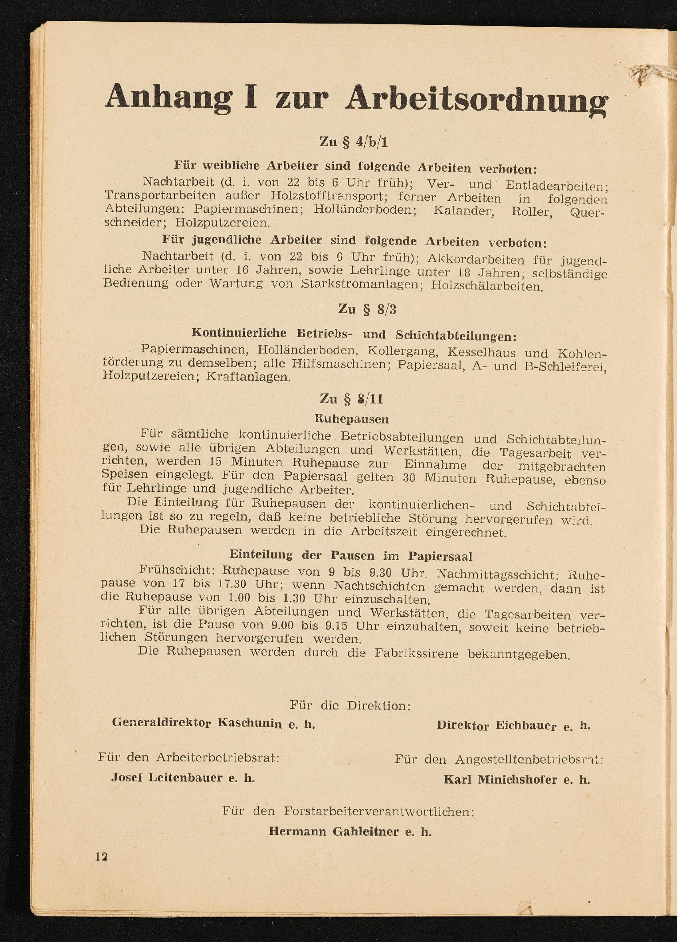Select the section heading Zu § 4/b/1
click(x=354, y=143)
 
